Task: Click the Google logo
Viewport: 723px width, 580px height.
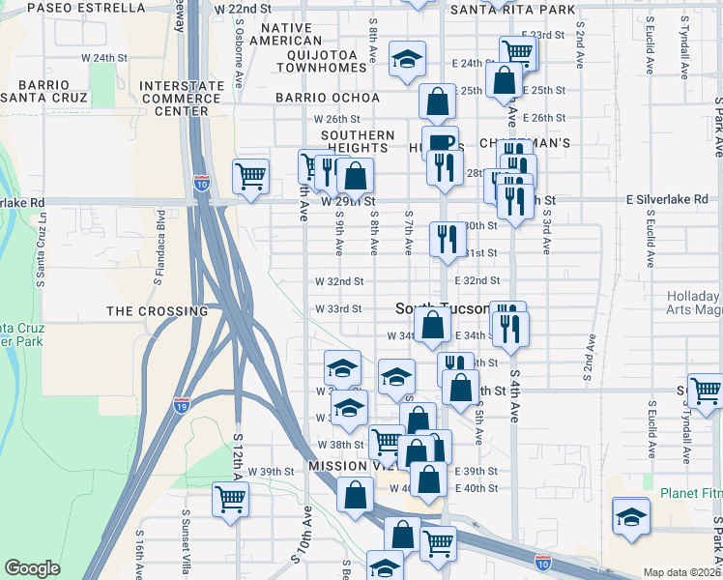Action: (33, 568)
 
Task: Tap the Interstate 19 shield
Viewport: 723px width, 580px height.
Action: (182, 404)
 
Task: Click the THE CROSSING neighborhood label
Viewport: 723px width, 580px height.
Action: (157, 311)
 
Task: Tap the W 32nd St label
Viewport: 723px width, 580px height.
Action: (339, 281)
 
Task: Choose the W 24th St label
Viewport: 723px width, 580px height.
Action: (104, 58)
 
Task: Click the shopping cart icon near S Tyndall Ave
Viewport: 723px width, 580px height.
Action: (706, 391)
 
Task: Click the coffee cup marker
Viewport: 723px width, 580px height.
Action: (440, 142)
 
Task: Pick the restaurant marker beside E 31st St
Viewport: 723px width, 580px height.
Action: (447, 237)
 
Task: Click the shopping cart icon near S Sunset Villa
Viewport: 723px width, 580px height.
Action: (231, 499)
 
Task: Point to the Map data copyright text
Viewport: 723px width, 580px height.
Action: (681, 572)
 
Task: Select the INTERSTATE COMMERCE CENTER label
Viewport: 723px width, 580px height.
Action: (174, 99)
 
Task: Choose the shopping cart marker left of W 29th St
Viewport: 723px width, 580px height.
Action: (250, 176)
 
